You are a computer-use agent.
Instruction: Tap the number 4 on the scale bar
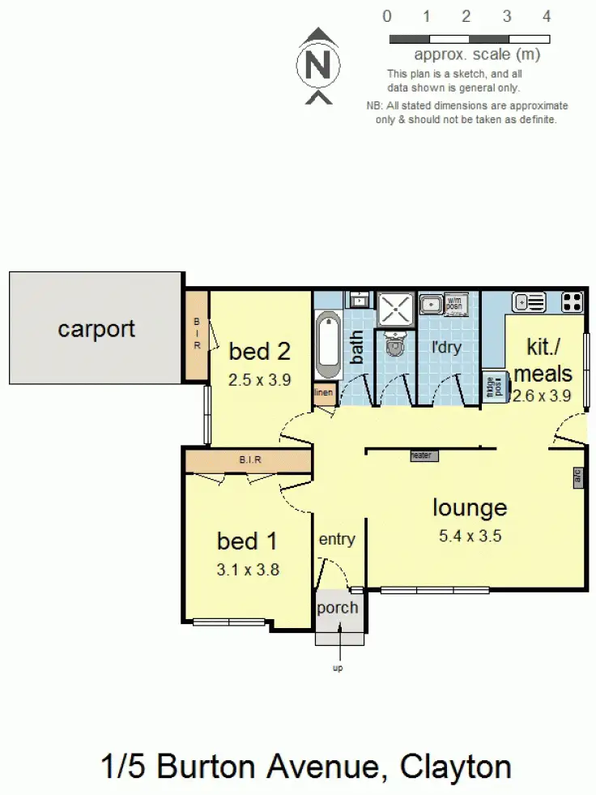(x=547, y=16)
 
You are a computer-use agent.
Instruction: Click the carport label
(x=96, y=329)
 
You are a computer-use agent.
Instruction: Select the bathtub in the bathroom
(x=329, y=344)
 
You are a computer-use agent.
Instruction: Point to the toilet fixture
(x=394, y=344)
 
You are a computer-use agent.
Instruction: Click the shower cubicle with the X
(x=395, y=309)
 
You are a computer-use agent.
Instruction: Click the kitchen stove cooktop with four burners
(x=573, y=301)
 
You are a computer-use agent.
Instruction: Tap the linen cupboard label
(x=323, y=394)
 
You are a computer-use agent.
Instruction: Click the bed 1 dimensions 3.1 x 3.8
(x=249, y=569)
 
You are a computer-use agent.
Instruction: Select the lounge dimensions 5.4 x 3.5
(x=469, y=536)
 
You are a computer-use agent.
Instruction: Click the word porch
(x=337, y=608)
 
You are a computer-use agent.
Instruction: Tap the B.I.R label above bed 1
(x=249, y=460)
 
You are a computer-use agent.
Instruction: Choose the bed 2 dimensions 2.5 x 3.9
(x=259, y=378)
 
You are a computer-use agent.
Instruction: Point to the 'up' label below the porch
(x=338, y=669)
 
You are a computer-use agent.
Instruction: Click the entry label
(x=337, y=539)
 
